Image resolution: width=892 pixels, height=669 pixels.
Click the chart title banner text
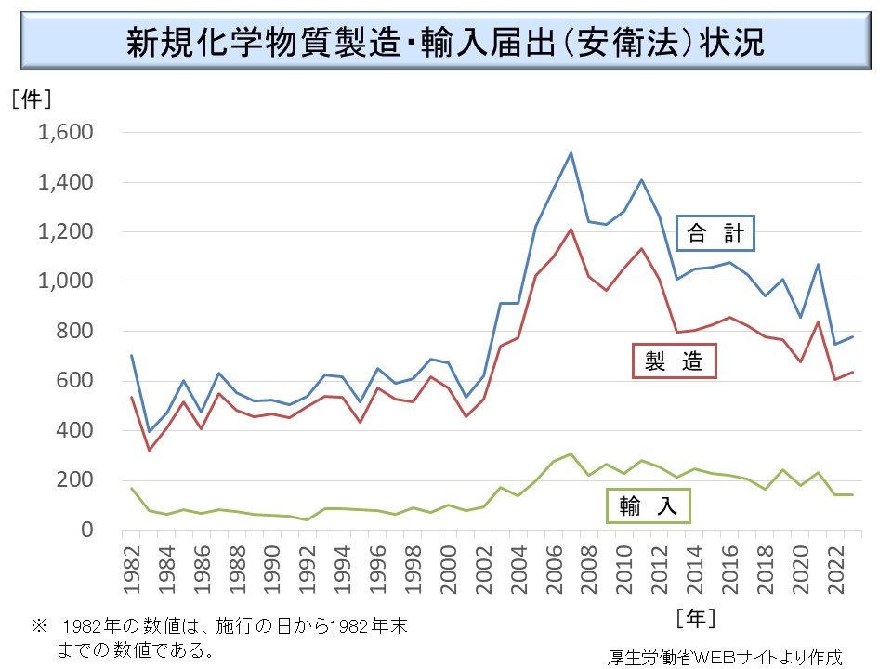point(446,42)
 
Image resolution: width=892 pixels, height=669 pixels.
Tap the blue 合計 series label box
point(715,233)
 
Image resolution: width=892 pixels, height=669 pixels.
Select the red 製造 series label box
point(675,361)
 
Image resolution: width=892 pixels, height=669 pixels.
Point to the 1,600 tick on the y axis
point(68,133)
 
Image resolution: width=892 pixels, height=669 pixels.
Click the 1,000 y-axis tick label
point(68,282)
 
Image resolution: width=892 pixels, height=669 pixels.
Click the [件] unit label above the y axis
point(31,97)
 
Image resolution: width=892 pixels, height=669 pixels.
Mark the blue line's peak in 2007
point(571,153)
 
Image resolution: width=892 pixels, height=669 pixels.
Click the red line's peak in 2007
point(571,230)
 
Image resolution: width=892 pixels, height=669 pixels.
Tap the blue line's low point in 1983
point(148,431)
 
